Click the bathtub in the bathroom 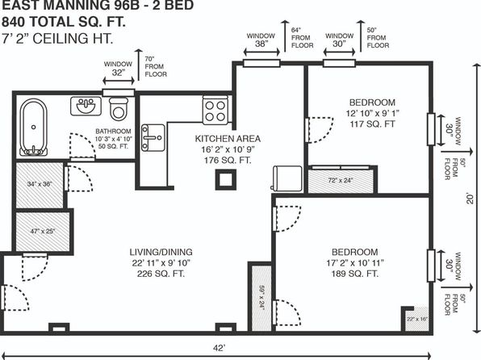tap(33, 127)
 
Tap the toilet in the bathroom tap(119, 109)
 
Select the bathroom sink tap(86, 106)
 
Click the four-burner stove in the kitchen tap(215, 111)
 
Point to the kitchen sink tap(153, 138)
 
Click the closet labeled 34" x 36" tap(40, 185)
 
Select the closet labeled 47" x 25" tap(42, 232)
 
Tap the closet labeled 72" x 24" tap(341, 181)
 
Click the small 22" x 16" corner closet tap(417, 319)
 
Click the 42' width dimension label tap(219, 348)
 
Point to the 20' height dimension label tap(470, 199)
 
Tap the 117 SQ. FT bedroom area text tap(372, 124)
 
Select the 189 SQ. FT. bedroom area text tap(354, 274)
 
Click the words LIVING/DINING tap(161, 253)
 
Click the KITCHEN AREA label tap(228, 139)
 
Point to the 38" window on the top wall tap(261, 63)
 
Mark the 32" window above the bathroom tap(119, 92)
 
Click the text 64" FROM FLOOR tap(302, 38)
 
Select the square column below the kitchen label tap(226, 179)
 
